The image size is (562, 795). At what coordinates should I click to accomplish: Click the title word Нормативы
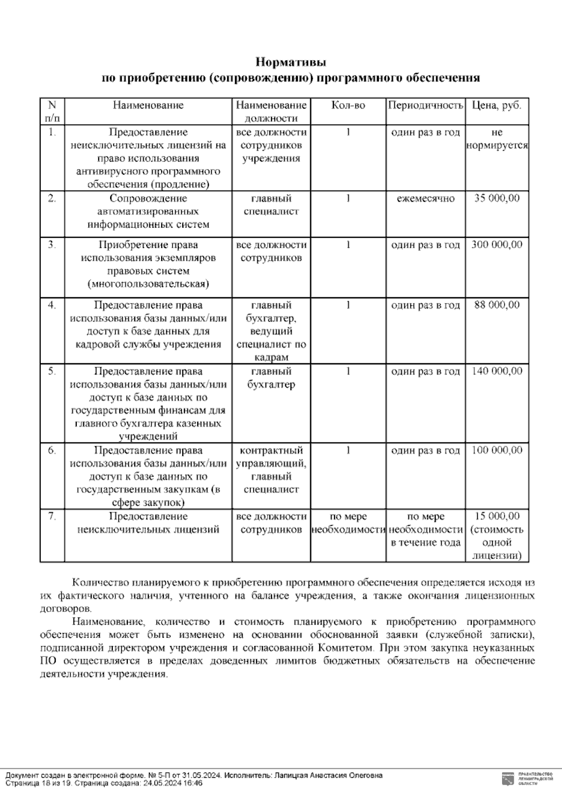[290, 62]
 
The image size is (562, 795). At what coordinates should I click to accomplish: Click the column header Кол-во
[348, 105]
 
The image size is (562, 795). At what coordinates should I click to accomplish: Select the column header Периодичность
[425, 105]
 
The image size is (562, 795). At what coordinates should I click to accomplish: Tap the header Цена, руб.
[496, 105]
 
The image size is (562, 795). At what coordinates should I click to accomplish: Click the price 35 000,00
[496, 199]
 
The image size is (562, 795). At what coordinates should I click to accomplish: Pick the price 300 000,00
[496, 245]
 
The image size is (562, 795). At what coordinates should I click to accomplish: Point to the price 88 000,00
[496, 305]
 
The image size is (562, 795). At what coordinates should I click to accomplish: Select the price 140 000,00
[496, 371]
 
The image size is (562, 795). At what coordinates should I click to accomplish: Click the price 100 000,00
[496, 450]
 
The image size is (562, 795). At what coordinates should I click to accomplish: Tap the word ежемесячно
[425, 199]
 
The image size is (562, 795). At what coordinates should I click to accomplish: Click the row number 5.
[52, 371]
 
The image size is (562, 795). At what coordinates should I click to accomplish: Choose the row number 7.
[52, 516]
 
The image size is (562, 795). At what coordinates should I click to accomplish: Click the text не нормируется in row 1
[496, 139]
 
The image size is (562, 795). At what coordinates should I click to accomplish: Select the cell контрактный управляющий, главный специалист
[271, 470]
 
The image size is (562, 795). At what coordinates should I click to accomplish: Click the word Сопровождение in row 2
[148, 199]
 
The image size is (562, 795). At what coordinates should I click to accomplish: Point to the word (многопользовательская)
[148, 284]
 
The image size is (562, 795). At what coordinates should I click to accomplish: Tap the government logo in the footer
[506, 779]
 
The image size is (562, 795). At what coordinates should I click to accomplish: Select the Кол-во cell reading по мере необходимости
[348, 523]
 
